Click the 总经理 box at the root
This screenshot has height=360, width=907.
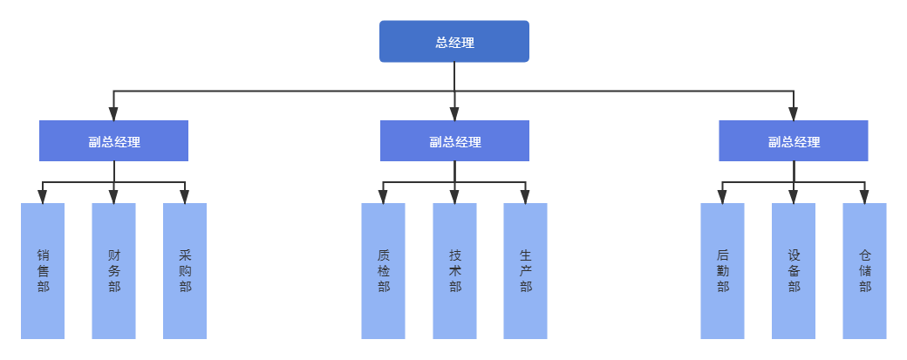(453, 42)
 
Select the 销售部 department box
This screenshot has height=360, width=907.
(43, 271)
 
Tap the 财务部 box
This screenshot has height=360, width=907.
(113, 271)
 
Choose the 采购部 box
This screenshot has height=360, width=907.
(185, 271)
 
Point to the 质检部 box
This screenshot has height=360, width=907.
(384, 271)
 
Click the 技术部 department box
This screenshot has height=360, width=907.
(454, 271)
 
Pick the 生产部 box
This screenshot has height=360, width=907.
(525, 271)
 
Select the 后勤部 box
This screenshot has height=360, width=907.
(722, 271)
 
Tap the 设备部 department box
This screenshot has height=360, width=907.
(794, 271)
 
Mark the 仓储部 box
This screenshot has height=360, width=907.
(864, 271)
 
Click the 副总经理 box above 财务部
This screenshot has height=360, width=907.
(113, 141)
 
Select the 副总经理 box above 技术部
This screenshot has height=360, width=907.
(454, 141)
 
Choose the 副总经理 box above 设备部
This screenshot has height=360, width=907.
(794, 141)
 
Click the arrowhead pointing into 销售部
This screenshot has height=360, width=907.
(43, 198)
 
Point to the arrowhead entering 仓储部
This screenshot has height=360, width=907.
(864, 198)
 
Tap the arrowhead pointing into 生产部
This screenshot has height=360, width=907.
(525, 198)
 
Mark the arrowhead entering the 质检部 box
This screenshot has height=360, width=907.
(384, 198)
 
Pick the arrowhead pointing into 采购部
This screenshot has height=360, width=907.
(185, 198)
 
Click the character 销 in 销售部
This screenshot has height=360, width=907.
(43, 255)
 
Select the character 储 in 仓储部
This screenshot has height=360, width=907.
(864, 271)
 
